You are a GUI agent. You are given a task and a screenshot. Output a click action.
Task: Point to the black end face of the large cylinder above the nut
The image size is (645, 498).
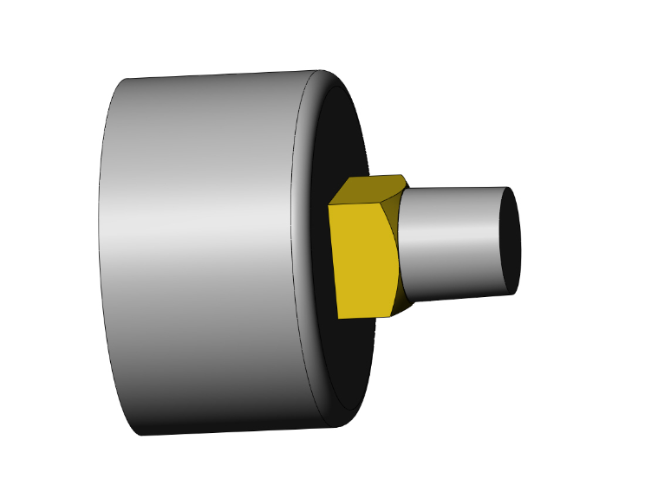click(x=342, y=139)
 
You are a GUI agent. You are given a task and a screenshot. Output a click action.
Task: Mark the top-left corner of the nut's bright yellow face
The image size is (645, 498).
click(x=329, y=206)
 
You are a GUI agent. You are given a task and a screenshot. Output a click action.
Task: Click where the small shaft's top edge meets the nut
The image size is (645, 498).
click(x=406, y=192)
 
